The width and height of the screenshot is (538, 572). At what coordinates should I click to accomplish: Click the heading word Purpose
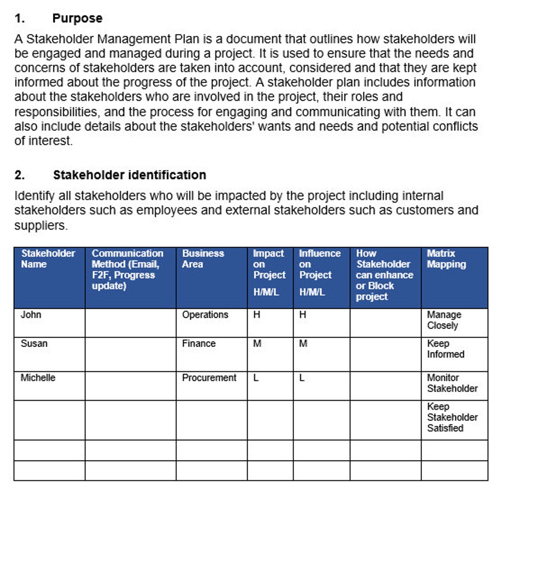tap(77, 18)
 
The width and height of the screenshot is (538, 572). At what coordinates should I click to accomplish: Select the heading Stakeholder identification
tap(129, 175)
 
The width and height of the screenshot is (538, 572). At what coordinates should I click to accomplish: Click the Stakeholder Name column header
tap(48, 259)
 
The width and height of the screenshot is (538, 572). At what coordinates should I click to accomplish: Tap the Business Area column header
tap(203, 259)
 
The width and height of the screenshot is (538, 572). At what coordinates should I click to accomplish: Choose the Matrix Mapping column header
tap(446, 259)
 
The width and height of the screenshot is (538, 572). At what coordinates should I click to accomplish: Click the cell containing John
tap(31, 315)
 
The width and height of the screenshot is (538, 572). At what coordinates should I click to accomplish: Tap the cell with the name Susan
tap(34, 343)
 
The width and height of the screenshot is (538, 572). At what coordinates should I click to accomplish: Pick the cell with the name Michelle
tap(38, 378)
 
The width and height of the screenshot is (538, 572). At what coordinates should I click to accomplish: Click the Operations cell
tap(205, 315)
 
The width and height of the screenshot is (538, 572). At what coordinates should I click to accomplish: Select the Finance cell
tap(199, 343)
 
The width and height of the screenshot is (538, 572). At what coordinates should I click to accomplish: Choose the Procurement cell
tap(209, 378)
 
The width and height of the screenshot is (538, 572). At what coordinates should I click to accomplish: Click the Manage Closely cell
tap(444, 320)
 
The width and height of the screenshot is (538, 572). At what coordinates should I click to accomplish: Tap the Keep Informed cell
tap(445, 349)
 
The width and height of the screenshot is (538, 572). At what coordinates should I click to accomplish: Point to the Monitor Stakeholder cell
tap(452, 383)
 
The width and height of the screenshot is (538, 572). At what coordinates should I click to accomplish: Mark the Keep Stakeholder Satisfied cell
tap(452, 417)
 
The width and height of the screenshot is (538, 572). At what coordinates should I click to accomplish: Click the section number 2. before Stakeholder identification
tap(19, 175)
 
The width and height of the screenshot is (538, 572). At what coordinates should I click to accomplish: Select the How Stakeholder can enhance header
tap(384, 275)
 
